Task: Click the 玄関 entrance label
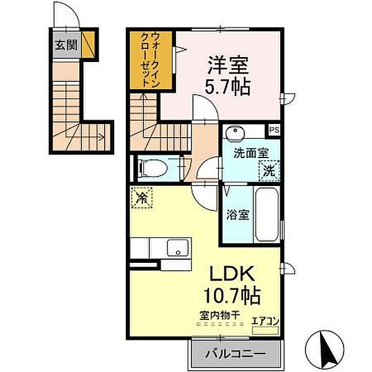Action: tap(66, 45)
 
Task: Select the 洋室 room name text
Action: tap(228, 65)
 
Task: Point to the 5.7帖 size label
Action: tap(228, 87)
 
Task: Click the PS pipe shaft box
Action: tap(274, 130)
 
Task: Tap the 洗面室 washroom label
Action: tap(251, 153)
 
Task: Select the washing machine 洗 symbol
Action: tap(269, 170)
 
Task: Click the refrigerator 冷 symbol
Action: tap(142, 198)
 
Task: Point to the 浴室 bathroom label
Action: tap(237, 215)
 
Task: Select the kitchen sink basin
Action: tap(178, 247)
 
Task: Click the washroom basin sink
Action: tap(235, 131)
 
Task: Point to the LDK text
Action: tap(231, 273)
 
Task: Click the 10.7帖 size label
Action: tap(232, 296)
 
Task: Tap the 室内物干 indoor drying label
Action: tap(220, 316)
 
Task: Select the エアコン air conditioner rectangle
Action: tap(265, 330)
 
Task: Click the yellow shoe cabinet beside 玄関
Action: tap(89, 45)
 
